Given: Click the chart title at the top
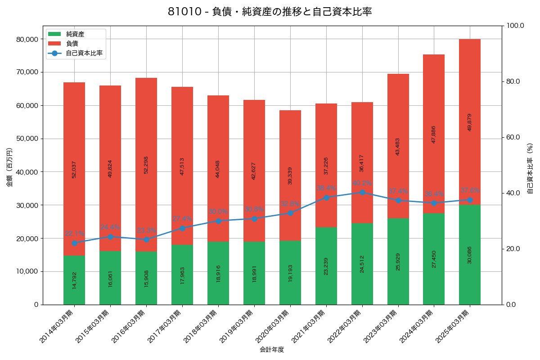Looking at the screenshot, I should (270, 12).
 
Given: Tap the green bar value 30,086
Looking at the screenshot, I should (470, 255).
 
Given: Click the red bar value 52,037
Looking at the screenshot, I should (74, 169).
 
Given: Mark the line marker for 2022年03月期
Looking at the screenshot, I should (362, 192).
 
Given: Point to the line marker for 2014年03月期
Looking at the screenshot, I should (74, 243).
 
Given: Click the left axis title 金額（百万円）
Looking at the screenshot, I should (9, 167).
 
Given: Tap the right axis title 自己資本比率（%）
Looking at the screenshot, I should (530, 167).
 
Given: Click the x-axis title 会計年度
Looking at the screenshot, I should (272, 350).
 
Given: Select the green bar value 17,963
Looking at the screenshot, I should (182, 274).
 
